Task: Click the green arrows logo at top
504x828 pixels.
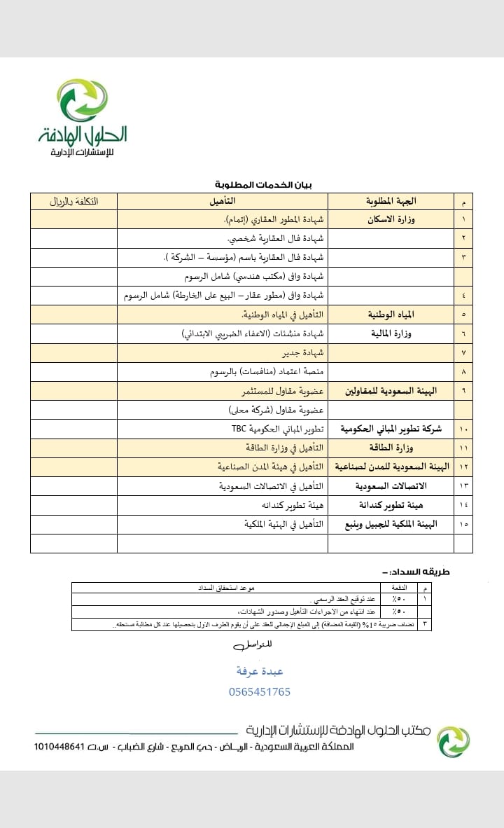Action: coord(83,100)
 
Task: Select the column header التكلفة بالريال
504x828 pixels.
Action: coord(73,202)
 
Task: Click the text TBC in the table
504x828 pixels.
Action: coord(241,429)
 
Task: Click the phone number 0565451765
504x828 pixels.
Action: coord(259,691)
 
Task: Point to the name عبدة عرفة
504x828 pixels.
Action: coord(260,671)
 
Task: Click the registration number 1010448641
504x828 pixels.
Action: coord(66,747)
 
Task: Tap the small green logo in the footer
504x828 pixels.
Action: coord(453,741)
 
